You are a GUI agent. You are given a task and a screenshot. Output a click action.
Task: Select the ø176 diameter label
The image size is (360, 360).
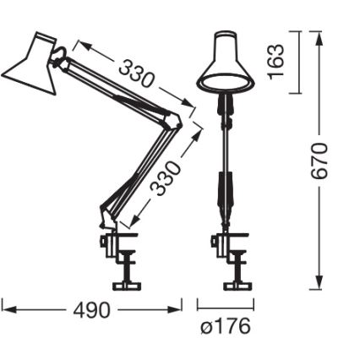click(226, 326)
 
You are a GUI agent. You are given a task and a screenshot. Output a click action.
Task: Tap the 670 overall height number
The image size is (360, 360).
click(319, 161)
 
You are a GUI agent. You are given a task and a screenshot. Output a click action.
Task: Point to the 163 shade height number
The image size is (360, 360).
click(276, 62)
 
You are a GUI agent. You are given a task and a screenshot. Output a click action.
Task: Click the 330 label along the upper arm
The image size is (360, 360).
click(135, 74)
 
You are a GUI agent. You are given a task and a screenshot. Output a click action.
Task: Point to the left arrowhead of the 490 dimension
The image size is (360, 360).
click(4, 309)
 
